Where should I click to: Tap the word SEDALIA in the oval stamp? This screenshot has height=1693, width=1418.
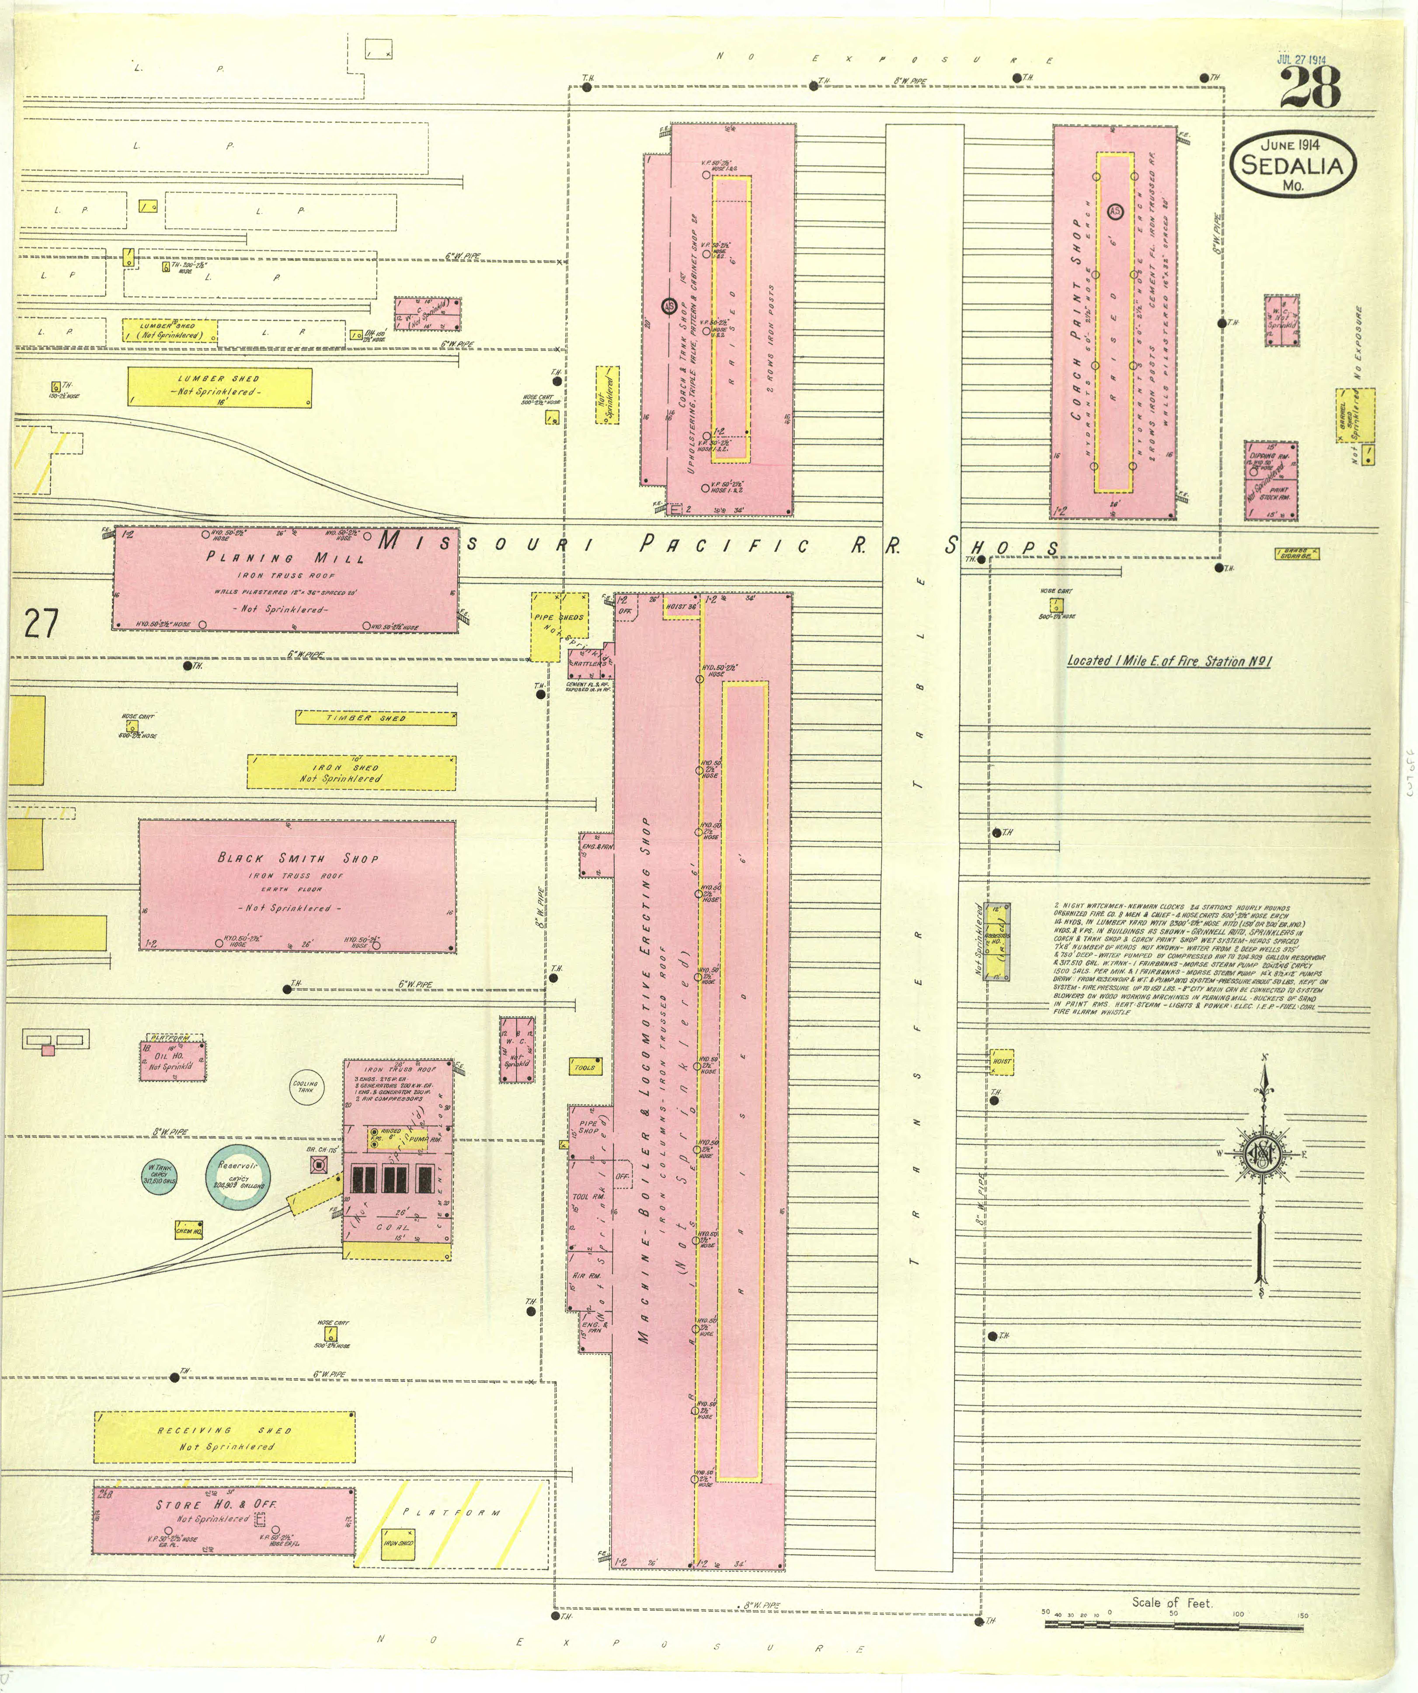tap(1292, 165)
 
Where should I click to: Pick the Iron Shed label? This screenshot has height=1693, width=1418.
tap(347, 768)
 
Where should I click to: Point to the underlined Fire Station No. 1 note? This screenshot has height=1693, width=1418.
tap(1169, 661)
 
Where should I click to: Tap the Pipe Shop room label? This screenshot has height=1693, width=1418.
tap(588, 1126)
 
